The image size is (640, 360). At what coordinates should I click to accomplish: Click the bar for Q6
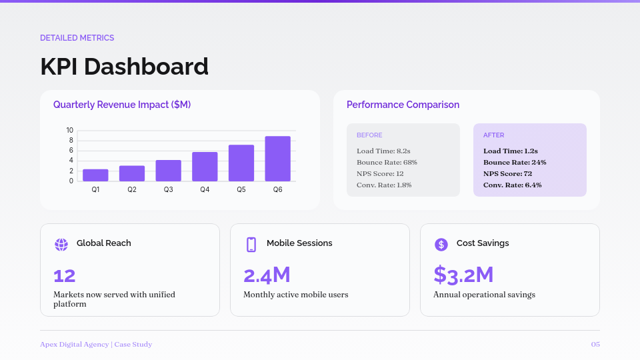point(277,159)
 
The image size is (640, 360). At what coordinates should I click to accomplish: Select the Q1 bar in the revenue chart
point(95,175)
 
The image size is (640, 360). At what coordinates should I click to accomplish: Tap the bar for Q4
point(205,167)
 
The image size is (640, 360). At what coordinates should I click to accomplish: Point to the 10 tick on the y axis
point(70,130)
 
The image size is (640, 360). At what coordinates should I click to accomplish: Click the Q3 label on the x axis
point(169,190)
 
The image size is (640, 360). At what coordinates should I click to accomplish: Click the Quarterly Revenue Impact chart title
point(122,105)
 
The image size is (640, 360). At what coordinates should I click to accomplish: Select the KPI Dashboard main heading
point(124,67)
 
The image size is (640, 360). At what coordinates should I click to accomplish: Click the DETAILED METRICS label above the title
point(77,38)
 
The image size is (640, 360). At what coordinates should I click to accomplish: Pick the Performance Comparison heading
point(403,105)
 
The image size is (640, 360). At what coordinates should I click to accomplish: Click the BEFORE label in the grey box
point(369,135)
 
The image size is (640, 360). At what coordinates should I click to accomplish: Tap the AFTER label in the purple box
point(493,135)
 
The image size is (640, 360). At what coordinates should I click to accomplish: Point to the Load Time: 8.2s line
point(383,151)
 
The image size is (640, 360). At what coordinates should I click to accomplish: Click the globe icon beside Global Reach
point(61,244)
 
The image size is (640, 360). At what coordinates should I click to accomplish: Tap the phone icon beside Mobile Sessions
point(251,244)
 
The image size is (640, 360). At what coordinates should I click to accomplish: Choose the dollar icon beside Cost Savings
point(441,244)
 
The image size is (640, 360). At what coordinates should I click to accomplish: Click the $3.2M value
point(463,275)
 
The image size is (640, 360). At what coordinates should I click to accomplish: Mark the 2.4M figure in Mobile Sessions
point(267,275)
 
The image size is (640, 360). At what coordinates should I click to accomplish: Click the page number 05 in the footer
point(595,345)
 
